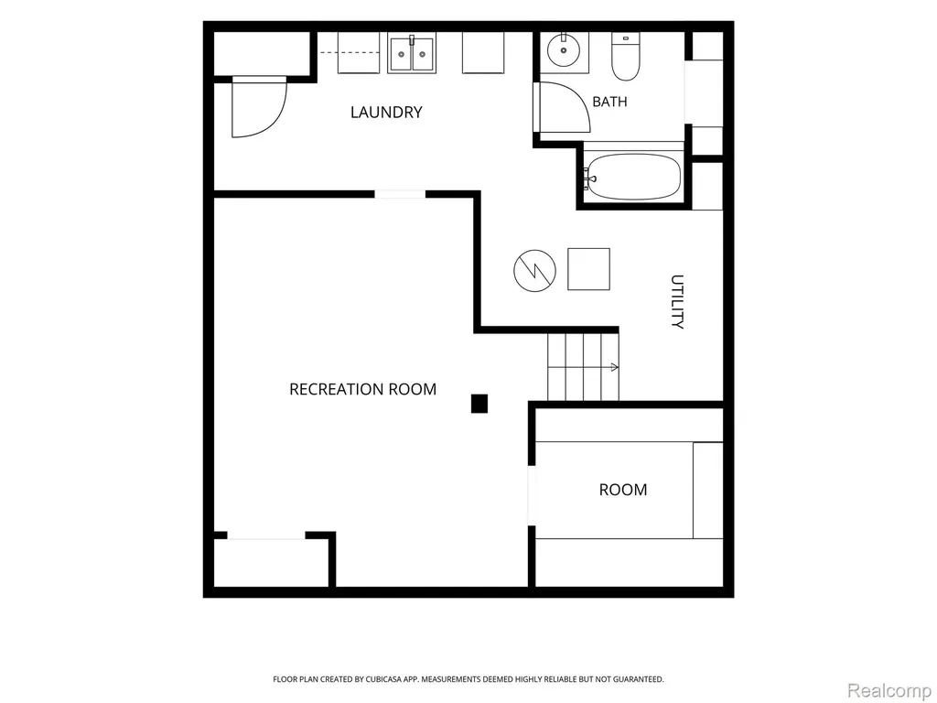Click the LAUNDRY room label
386,113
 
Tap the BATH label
609,102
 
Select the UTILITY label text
676,301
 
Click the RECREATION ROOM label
362,389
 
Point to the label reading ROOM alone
622,490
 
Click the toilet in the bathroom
626,56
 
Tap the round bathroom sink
564,52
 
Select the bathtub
633,177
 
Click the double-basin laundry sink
411,53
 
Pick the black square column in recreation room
479,404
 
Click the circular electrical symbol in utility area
534,271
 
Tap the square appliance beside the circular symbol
588,269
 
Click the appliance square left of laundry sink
359,52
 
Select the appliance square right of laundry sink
483,52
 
